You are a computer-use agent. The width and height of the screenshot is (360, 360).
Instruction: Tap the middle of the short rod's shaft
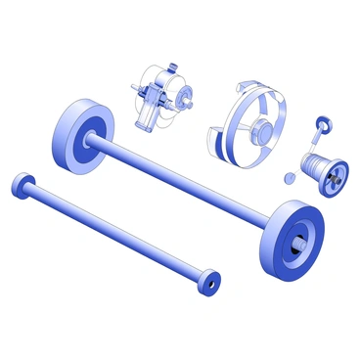pos(112,232)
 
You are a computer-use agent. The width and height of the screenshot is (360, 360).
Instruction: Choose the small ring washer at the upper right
pos(323,123)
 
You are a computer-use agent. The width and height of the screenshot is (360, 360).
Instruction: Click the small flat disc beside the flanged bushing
pos(289,177)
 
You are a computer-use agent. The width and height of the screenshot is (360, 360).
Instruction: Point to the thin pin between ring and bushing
pos(315,146)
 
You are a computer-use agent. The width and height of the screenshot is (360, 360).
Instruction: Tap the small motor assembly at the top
pos(159,98)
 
